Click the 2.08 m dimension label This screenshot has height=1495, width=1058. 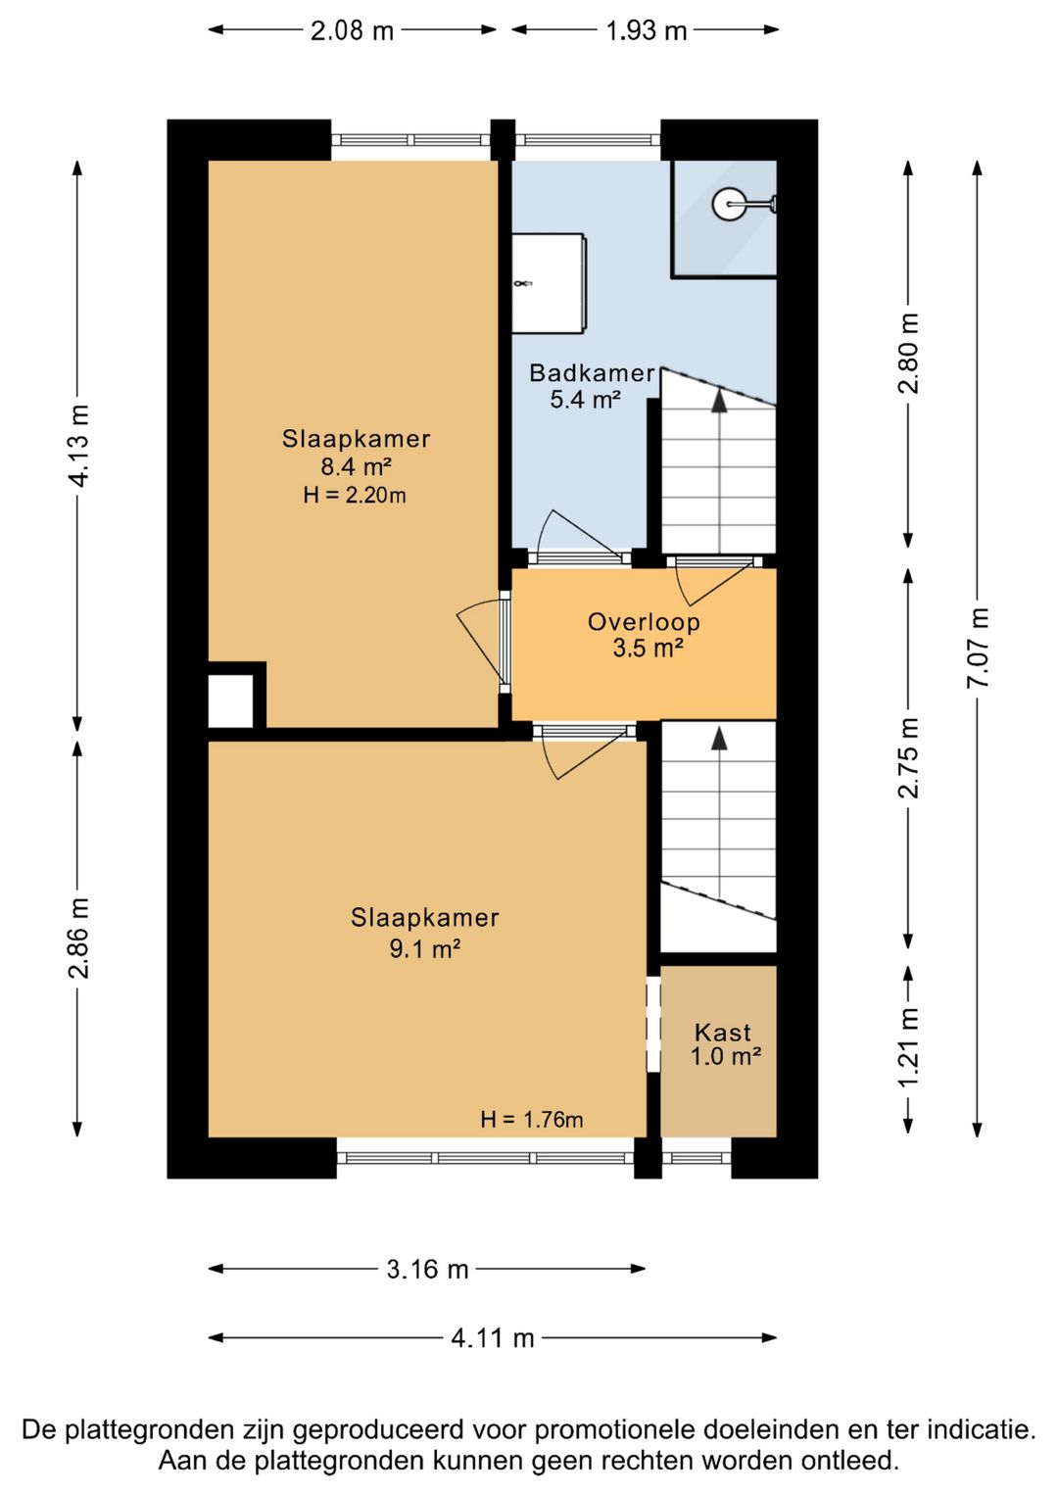352,30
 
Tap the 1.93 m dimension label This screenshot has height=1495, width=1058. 647,30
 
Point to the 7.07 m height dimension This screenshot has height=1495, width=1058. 980,648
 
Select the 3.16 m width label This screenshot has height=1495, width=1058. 428,1269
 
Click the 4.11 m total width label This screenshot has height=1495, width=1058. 493,1337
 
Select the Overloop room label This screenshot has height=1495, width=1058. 645,622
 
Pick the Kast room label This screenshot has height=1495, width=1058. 723,1033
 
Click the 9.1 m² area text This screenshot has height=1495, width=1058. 425,948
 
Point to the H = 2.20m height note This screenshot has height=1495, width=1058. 355,495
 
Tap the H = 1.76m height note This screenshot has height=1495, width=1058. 532,1119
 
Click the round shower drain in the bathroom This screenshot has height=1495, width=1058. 728,204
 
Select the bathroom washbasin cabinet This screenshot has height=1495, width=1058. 550,282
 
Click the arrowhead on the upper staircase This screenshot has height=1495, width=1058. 719,400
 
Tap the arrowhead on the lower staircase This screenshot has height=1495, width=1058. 719,737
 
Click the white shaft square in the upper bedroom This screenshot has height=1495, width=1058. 231,700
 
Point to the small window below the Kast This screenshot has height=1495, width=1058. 697,1158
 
